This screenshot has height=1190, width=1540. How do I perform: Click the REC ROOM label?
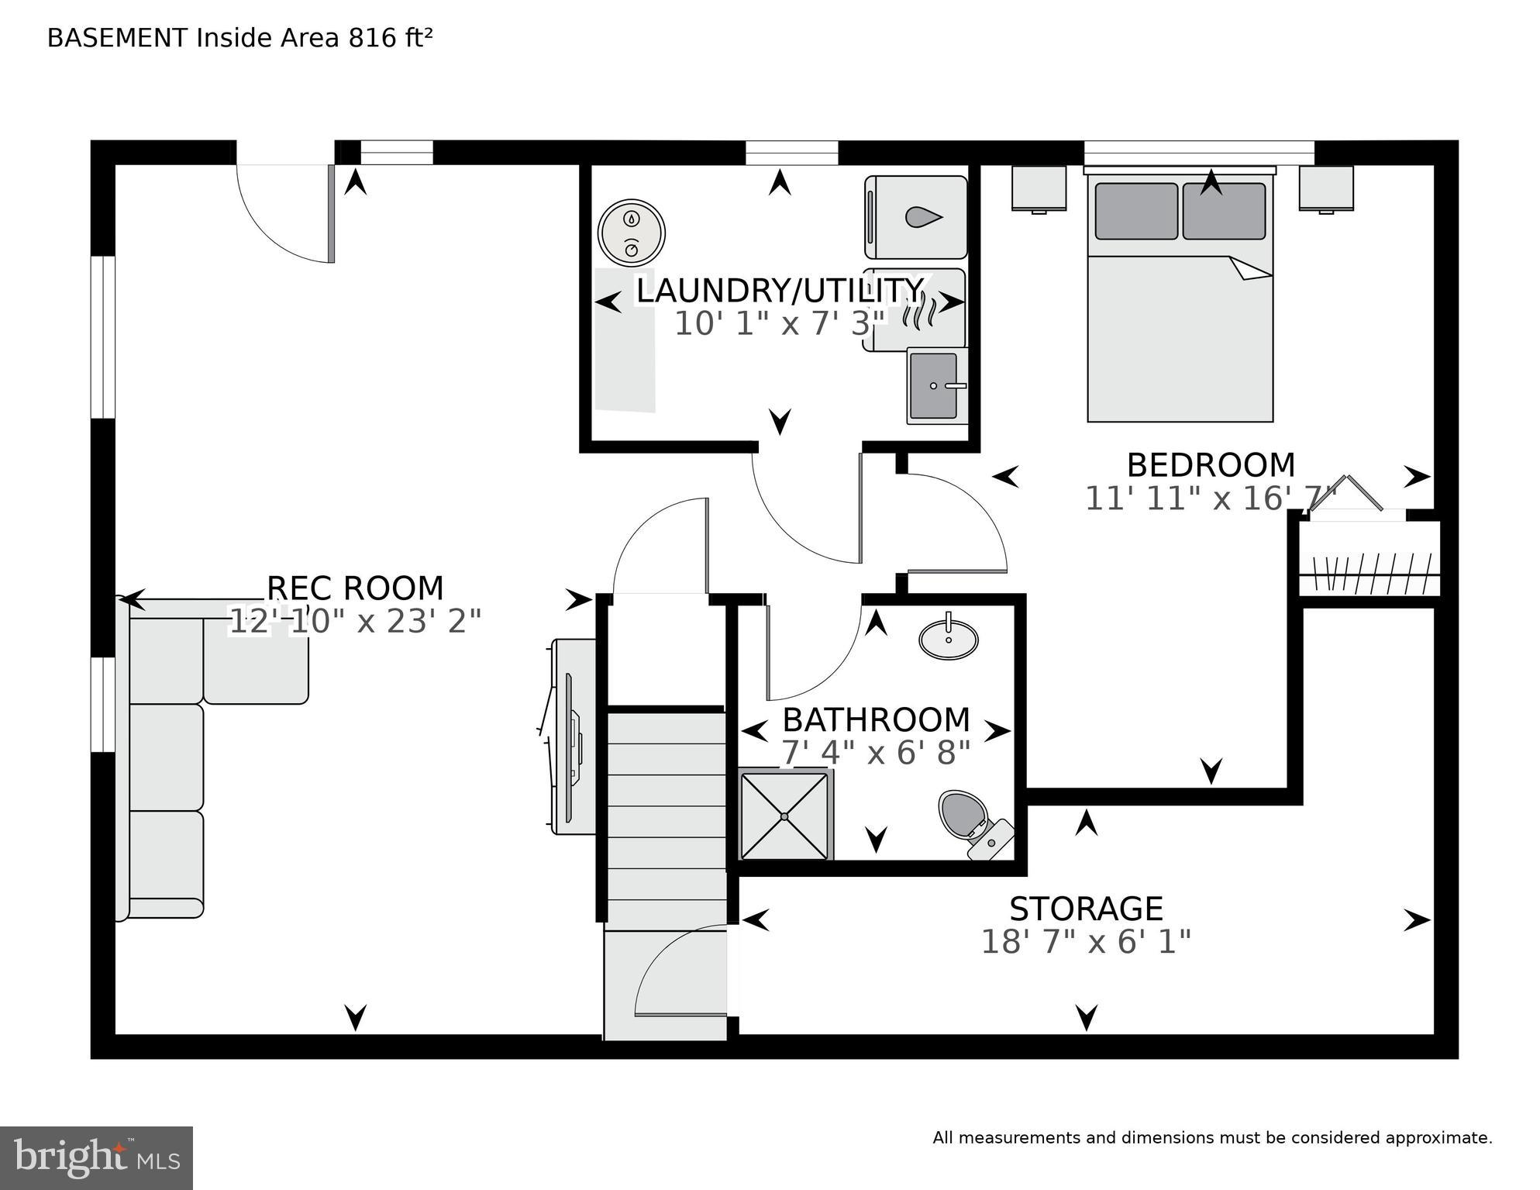[x=355, y=588]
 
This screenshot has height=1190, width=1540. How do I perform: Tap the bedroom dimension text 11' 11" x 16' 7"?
[x=1211, y=498]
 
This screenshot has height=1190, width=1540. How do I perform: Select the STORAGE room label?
[x=1086, y=909]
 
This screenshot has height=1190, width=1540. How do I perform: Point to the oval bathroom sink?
[x=948, y=640]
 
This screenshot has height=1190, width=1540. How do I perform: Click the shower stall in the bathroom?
[x=784, y=816]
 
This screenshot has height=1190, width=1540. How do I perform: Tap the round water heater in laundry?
[x=632, y=232]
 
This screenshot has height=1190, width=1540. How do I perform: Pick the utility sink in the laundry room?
[x=936, y=385]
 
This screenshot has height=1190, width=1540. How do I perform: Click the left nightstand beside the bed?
[x=1039, y=188]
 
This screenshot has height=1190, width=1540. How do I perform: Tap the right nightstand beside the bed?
[x=1326, y=188]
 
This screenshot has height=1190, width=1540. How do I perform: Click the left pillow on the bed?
[x=1136, y=211]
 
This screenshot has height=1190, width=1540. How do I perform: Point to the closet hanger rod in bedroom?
[x=1369, y=574]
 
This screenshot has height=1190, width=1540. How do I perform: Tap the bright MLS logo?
[x=96, y=1158]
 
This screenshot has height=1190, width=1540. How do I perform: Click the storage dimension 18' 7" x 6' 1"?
[x=1086, y=943]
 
